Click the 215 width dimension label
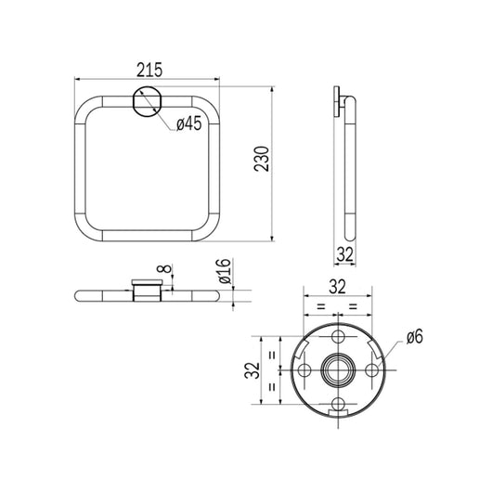click(148, 70)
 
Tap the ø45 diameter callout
click(189, 124)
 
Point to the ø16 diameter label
click(223, 274)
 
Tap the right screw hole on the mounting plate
click(373, 369)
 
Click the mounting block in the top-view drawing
click(147, 293)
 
